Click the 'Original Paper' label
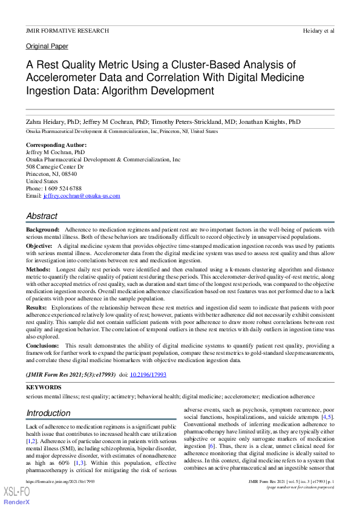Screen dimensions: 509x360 (x=47, y=46)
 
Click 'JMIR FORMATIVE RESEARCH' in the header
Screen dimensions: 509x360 (x=67, y=30)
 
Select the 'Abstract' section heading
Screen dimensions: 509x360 (x=42, y=216)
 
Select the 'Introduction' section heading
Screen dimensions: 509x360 (x=48, y=413)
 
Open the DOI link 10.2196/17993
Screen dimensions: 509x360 (x=148, y=375)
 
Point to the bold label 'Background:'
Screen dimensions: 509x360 (x=42, y=230)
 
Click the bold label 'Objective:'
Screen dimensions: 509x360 (x=39, y=247)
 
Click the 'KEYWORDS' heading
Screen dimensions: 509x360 (x=44, y=387)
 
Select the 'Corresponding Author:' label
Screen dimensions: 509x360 (x=56, y=145)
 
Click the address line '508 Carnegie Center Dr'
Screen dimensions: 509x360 (x=54, y=167)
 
